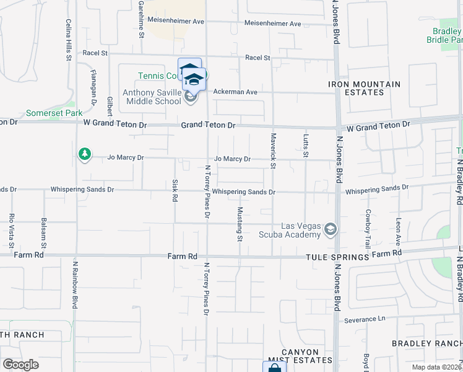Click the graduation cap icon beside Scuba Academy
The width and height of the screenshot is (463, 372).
click(x=331, y=230)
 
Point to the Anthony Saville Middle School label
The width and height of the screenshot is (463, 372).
click(x=152, y=97)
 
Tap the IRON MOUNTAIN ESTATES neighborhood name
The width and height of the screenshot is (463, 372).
click(x=364, y=88)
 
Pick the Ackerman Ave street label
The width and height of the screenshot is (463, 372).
click(x=235, y=92)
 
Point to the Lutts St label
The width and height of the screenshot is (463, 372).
click(x=305, y=146)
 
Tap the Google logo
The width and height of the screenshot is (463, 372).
click(x=21, y=365)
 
